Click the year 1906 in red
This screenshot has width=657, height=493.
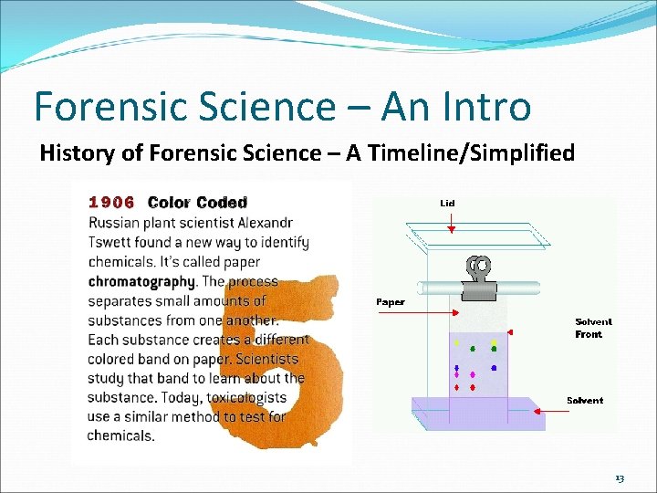[x=111, y=203]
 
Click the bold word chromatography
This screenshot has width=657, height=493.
[x=141, y=281]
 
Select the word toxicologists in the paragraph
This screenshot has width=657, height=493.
[x=240, y=397]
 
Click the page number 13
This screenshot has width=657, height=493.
[x=620, y=478]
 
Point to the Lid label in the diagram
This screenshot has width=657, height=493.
[x=447, y=203]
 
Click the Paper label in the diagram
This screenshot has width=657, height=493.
[x=390, y=302]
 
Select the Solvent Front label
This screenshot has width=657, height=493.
[x=593, y=328]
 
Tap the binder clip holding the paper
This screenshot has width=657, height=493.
[x=478, y=277]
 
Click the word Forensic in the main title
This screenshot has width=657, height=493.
[x=101, y=107]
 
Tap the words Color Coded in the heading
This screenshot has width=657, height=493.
[x=197, y=203]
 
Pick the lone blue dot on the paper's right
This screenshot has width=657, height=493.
[x=494, y=368]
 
